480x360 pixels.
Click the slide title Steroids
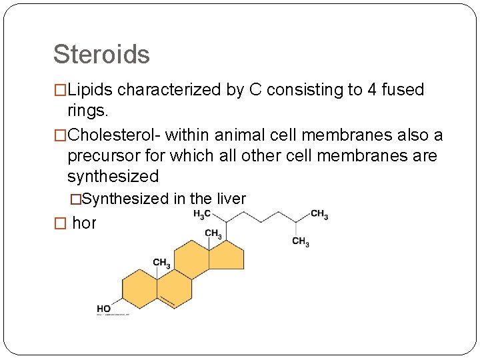click(x=101, y=54)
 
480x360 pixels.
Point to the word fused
click(x=403, y=90)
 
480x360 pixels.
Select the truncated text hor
click(x=84, y=223)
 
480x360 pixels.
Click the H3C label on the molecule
click(x=202, y=214)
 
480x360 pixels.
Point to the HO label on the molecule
click(x=104, y=309)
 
